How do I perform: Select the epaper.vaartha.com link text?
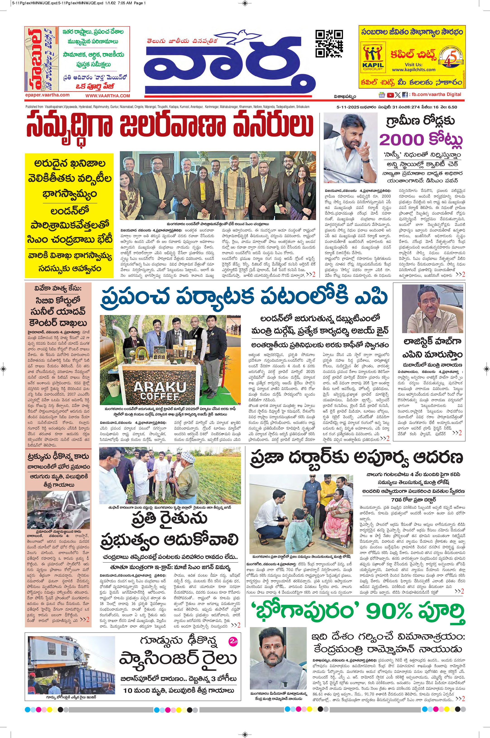point(47,95)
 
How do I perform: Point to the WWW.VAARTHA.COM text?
point(108,96)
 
